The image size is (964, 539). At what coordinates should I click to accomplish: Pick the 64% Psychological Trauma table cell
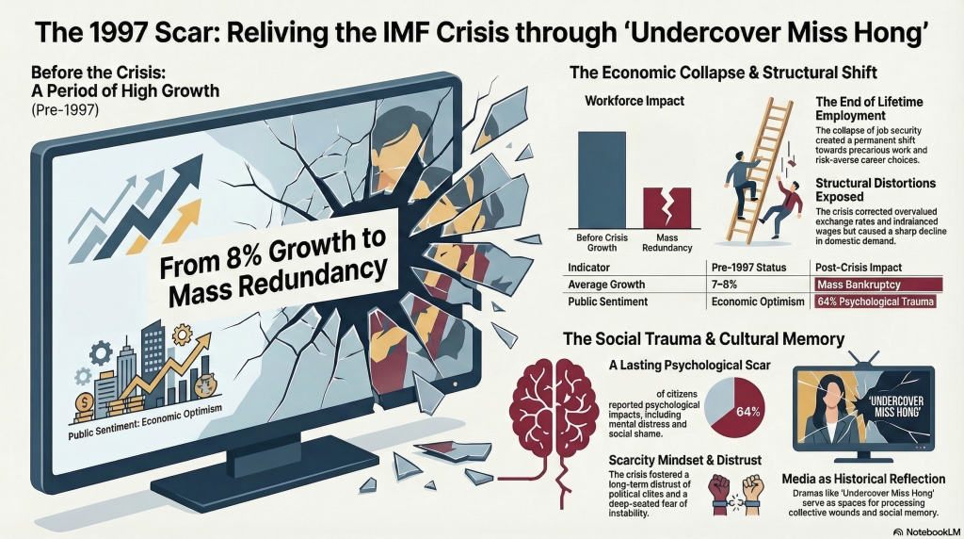point(876,302)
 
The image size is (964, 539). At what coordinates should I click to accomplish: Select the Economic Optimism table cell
point(754,302)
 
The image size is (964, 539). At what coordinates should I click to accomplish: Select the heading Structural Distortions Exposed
point(876,189)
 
